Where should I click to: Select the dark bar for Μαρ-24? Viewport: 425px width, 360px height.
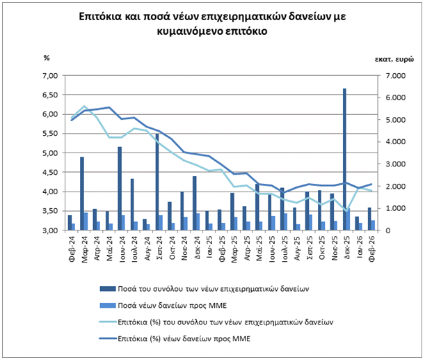(82, 193)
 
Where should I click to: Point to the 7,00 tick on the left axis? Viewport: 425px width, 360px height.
(51, 75)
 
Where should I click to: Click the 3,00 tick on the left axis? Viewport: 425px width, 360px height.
(51, 230)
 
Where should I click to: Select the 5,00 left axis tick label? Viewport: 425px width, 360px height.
(51, 153)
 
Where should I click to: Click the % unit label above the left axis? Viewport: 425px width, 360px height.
(47, 58)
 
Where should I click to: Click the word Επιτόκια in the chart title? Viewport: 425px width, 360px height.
(100, 18)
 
